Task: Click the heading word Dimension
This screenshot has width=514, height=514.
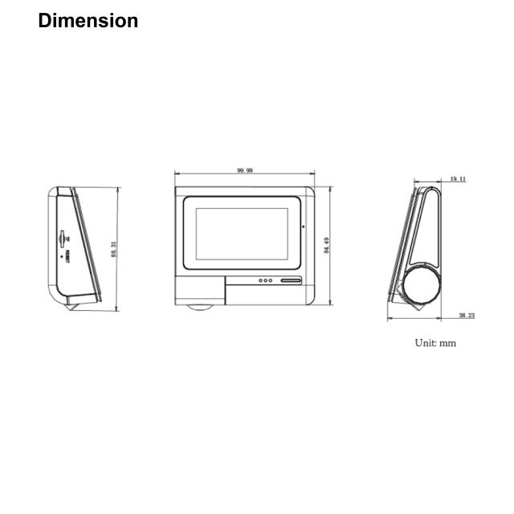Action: [x=88, y=21]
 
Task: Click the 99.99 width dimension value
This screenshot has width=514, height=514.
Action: [x=245, y=170]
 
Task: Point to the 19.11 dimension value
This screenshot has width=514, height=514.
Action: [x=458, y=179]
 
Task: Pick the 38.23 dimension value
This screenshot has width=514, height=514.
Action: [x=467, y=316]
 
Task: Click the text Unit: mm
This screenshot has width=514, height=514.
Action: [x=435, y=343]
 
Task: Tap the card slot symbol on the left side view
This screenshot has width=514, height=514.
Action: [x=63, y=237]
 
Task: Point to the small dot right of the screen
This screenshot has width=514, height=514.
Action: [x=303, y=227]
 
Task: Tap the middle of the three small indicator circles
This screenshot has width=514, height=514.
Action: [x=266, y=281]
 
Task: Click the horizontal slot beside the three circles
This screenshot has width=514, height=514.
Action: [x=289, y=281]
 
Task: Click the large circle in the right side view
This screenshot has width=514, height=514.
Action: [x=422, y=286]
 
